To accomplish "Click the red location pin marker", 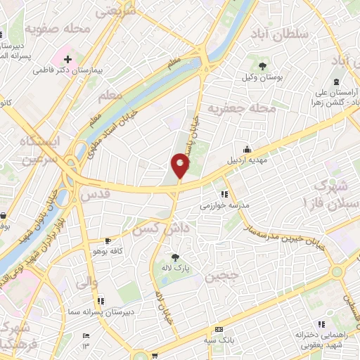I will click(180, 166).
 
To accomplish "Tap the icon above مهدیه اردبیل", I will click(247, 148).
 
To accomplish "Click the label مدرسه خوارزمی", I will click(226, 206).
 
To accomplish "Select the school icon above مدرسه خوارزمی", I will click(224, 195).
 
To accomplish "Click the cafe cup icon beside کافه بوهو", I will click(107, 240).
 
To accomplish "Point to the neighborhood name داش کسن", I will click(163, 228).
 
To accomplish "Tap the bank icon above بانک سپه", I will click(219, 329).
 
